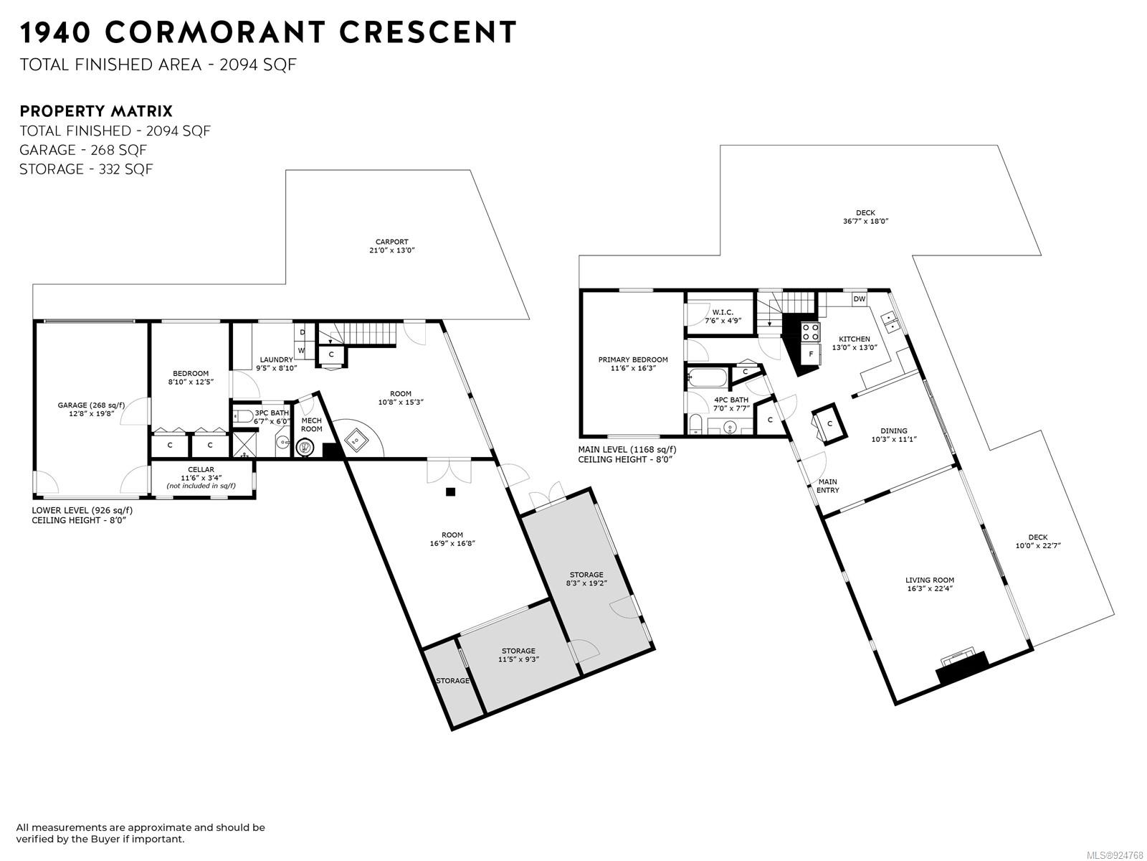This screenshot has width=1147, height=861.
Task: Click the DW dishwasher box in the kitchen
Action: (859, 299)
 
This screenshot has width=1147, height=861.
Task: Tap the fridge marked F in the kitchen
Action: (811, 354)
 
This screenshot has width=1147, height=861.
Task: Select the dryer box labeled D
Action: (303, 332)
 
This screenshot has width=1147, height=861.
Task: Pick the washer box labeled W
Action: (302, 350)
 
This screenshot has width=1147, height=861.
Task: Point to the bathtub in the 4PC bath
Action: (708, 377)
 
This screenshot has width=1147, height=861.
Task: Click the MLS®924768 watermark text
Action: (1115, 855)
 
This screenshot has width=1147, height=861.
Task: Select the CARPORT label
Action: (391, 242)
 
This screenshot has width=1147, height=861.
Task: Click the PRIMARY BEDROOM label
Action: (633, 359)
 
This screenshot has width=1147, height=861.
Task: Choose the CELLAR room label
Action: (201, 469)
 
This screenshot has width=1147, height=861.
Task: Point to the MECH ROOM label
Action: (311, 425)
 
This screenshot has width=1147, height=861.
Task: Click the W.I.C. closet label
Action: (723, 312)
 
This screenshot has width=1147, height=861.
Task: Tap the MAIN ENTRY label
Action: (828, 486)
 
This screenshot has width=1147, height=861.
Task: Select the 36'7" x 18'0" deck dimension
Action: (865, 221)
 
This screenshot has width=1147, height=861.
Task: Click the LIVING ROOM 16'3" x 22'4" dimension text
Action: (930, 588)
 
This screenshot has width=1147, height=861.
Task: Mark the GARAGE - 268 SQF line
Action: (83, 150)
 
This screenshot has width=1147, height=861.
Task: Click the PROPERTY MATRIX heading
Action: (95, 111)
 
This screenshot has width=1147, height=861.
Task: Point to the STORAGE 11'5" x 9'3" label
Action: (518, 655)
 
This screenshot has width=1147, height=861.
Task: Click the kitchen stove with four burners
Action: (811, 332)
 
